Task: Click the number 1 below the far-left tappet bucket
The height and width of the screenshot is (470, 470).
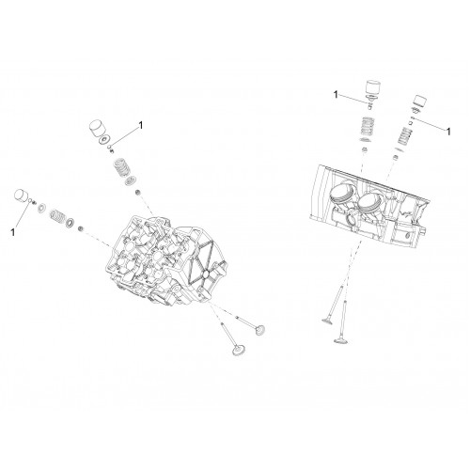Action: tap(12, 232)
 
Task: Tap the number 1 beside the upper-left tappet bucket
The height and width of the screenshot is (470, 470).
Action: tap(141, 125)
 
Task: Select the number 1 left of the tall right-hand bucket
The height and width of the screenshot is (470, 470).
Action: tap(336, 94)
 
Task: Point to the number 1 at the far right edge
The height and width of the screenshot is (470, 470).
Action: tap(448, 132)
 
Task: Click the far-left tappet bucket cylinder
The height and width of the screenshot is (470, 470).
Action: tap(22, 196)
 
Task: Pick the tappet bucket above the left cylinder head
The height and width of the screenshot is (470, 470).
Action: tap(98, 129)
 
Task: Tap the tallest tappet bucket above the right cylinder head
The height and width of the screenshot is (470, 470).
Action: tap(373, 87)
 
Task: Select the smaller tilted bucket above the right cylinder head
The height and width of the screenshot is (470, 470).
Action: tap(420, 101)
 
